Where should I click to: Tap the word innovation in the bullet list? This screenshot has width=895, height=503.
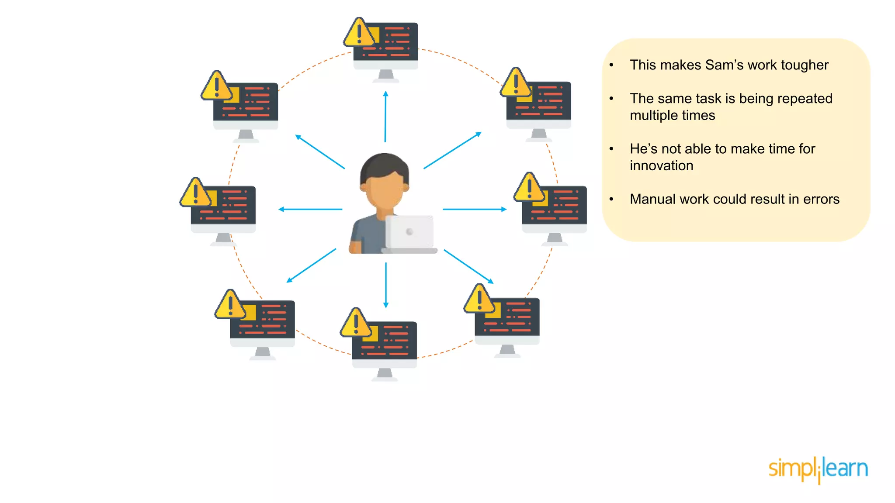pyautogui.click(x=661, y=165)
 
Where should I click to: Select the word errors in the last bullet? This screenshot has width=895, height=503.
pyautogui.click(x=821, y=199)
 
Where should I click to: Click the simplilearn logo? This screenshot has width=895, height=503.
pyautogui.click(x=818, y=469)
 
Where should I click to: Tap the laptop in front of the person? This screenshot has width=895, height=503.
pyautogui.click(x=409, y=234)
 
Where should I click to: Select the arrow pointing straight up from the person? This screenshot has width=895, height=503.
pyautogui.click(x=385, y=116)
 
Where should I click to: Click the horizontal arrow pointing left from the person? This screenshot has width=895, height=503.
pyautogui.click(x=310, y=209)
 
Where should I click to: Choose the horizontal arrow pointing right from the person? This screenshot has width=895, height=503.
pyautogui.click(x=475, y=209)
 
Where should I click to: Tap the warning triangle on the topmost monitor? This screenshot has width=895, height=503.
pyautogui.click(x=358, y=32)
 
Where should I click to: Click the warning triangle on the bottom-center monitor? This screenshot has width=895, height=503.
pyautogui.click(x=355, y=323)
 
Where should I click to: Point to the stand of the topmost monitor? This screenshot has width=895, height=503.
pyautogui.click(x=385, y=75)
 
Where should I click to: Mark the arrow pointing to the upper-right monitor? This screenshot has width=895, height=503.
pyautogui.click(x=452, y=150)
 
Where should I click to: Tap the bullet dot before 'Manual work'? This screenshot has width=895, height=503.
pyautogui.click(x=611, y=200)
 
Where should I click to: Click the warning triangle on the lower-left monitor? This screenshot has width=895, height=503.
pyautogui.click(x=230, y=304)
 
